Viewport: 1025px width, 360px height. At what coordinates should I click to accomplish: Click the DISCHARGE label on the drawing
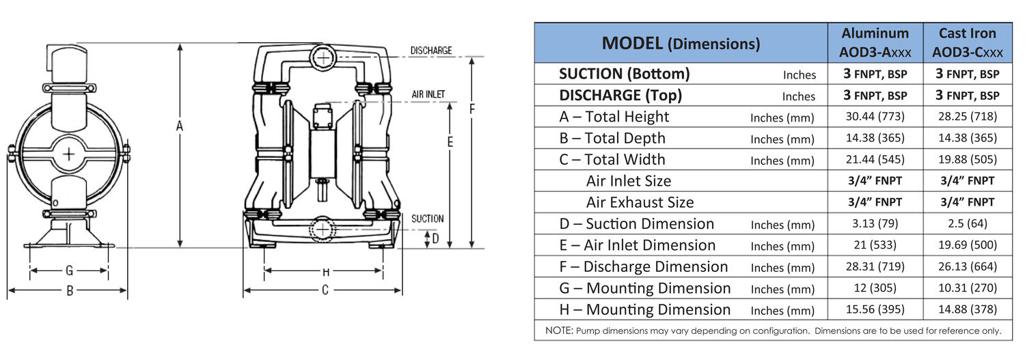click(430, 51)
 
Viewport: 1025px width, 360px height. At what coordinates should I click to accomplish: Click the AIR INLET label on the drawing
click(428, 94)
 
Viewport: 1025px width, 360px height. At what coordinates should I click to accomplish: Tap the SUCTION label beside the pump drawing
click(427, 219)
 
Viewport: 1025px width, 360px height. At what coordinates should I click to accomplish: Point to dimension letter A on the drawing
click(180, 126)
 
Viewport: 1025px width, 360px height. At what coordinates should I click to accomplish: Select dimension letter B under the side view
click(69, 290)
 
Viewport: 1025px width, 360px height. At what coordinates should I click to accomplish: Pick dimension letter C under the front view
click(325, 290)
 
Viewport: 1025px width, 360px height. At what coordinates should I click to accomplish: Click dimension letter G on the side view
click(69, 271)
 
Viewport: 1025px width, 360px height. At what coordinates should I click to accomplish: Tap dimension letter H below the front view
click(325, 271)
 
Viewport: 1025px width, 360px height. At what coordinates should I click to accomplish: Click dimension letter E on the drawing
click(449, 141)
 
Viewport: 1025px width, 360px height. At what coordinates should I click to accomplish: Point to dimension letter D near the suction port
click(435, 238)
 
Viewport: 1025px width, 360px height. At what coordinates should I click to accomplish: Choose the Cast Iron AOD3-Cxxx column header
click(967, 42)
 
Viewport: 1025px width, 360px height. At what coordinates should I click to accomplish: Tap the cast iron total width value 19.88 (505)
click(967, 160)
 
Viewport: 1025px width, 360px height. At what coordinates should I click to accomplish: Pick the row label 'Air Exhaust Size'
click(640, 202)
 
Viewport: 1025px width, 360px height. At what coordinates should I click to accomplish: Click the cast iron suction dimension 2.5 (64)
click(967, 223)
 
